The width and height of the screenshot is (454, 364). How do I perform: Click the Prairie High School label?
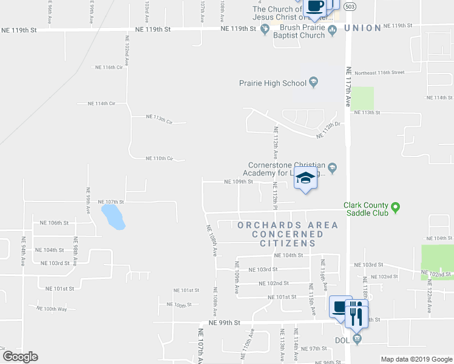click(x=277, y=83)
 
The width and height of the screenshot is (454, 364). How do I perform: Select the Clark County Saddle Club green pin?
click(x=396, y=208)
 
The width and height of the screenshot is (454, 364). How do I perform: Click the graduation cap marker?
click(x=306, y=178)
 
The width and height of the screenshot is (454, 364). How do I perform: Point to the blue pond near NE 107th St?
click(x=113, y=217)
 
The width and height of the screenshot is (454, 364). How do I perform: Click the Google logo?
click(x=20, y=357)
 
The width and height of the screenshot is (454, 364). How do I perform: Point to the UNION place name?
click(x=363, y=28)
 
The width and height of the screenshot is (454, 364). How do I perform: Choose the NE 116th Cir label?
click(x=109, y=67)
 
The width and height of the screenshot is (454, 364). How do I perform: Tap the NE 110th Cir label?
click(x=160, y=158)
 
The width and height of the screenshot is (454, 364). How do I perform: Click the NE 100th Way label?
click(x=51, y=309)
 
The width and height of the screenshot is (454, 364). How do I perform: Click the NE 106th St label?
click(x=53, y=223)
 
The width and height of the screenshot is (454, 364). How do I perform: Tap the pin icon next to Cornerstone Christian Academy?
click(x=333, y=167)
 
